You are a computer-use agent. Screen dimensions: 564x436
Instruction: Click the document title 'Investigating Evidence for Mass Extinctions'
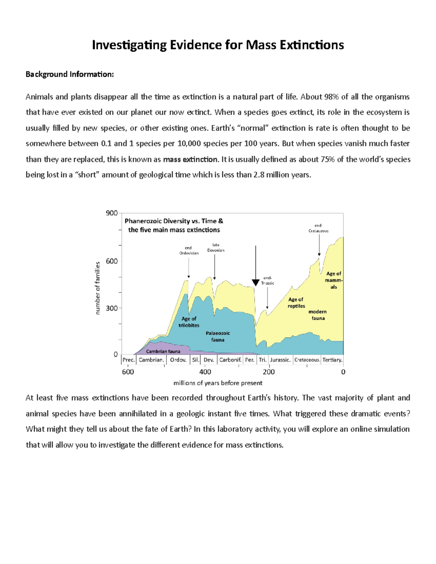218,45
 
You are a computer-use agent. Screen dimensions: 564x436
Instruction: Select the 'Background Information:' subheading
69,74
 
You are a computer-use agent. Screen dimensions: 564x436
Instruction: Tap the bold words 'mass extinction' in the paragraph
190,159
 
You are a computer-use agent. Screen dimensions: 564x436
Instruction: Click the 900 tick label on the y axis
112,213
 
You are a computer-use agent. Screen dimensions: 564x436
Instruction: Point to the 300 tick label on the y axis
112,308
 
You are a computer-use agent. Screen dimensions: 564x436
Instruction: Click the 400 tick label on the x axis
205,372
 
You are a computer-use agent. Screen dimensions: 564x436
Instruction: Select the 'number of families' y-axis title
97,288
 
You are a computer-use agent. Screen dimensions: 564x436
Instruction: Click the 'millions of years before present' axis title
218,383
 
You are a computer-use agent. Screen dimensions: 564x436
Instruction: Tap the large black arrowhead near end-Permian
255,283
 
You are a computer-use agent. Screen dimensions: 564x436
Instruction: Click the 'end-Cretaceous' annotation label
318,228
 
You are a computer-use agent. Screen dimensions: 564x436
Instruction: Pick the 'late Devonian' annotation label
215,248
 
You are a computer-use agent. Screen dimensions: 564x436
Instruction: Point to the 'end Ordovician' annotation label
189,251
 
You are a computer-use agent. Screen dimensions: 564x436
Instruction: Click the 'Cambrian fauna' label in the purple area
163,351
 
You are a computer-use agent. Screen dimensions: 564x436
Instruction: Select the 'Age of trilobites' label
189,322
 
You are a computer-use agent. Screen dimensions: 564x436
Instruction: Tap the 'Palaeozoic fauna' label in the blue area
218,336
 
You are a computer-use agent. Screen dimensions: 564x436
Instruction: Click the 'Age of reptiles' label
296,303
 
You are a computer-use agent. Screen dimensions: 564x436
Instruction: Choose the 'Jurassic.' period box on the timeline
280,360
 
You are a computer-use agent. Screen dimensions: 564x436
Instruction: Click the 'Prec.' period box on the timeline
129,360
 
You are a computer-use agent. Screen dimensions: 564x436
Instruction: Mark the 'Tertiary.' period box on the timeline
332,360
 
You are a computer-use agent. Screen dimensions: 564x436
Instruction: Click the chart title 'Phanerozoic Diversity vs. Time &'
174,221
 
